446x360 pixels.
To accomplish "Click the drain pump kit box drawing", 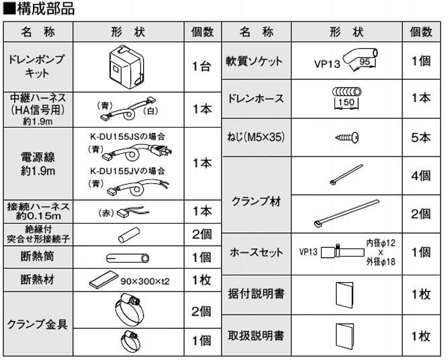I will [128, 66].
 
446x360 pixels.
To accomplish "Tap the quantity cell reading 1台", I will [202, 66].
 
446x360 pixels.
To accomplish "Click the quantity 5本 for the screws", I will [421, 137].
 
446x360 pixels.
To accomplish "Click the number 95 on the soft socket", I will [365, 61].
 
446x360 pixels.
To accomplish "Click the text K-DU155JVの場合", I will [128, 170].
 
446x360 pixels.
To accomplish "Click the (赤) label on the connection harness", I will [107, 211].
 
